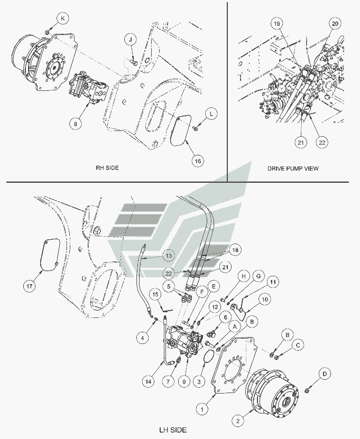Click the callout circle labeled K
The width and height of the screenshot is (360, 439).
click(63, 18)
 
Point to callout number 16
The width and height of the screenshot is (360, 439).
click(197, 161)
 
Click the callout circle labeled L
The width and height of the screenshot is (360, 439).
click(211, 114)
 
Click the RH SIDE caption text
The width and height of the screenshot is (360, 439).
click(107, 167)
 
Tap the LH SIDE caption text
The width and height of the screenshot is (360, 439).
click(174, 430)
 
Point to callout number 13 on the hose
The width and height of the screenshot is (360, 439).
click(168, 256)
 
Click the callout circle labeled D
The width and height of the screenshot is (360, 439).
click(325, 374)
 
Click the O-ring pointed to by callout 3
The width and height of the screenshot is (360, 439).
click(209, 357)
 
